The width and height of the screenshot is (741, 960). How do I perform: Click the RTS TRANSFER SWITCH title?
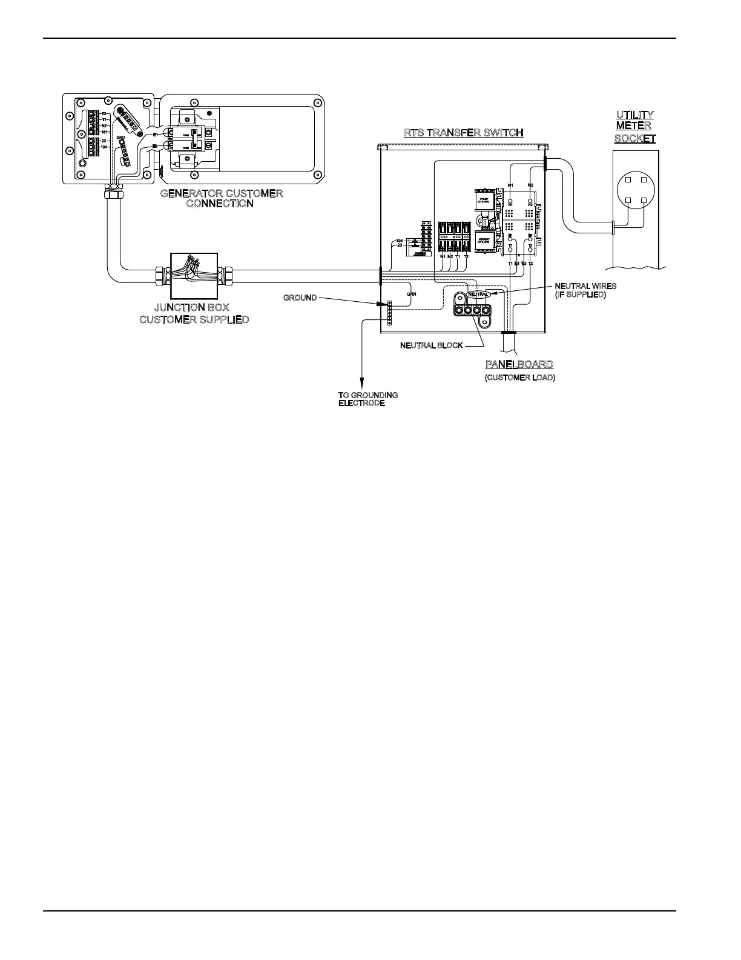point(463,133)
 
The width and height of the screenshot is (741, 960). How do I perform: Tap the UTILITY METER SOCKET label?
point(634,127)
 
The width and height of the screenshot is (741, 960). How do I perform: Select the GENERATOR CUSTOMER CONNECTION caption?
point(221,199)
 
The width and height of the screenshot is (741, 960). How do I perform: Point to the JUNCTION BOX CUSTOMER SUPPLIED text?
point(193,313)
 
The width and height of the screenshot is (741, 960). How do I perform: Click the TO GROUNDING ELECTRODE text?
point(367,399)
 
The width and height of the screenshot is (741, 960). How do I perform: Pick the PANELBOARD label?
point(519,364)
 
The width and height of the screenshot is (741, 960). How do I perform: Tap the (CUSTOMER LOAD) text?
point(519,378)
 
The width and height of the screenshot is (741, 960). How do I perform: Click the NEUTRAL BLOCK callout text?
point(431,345)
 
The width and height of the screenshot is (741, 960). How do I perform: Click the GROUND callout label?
point(300,298)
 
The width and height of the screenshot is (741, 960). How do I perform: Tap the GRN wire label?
point(411,294)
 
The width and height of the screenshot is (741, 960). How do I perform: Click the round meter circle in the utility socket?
point(636,190)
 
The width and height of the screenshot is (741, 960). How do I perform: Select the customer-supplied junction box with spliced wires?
point(191,270)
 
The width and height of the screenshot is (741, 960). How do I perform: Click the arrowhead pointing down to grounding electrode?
point(362,384)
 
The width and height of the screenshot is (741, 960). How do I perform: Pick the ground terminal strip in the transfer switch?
point(389,312)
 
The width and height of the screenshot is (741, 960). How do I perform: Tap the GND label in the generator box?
point(120,138)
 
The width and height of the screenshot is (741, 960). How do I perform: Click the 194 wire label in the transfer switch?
point(400,241)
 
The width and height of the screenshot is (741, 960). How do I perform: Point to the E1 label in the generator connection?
point(156,135)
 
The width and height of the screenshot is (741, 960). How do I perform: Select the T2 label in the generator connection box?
point(104,113)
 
